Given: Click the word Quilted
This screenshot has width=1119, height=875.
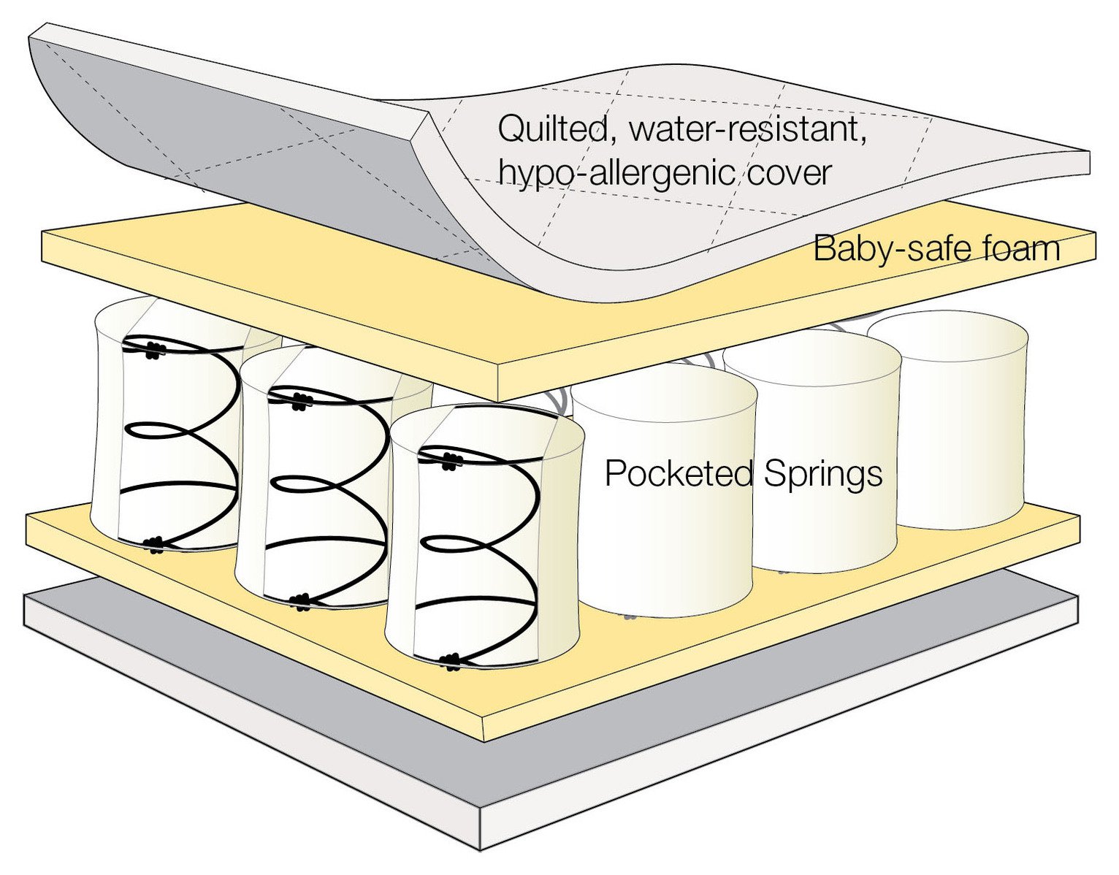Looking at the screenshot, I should tap(552, 130).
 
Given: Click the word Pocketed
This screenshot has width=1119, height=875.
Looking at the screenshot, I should tap(679, 473).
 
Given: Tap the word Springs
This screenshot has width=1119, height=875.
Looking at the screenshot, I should tap(823, 474).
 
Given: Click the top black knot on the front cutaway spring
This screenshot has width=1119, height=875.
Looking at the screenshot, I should tap(451, 459).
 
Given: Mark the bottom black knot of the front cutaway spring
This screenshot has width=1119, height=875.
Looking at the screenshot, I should tap(451, 661).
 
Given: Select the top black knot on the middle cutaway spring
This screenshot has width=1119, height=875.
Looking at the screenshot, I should tap(298, 400).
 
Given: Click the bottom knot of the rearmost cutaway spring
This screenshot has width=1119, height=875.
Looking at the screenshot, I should tap(155, 543).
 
